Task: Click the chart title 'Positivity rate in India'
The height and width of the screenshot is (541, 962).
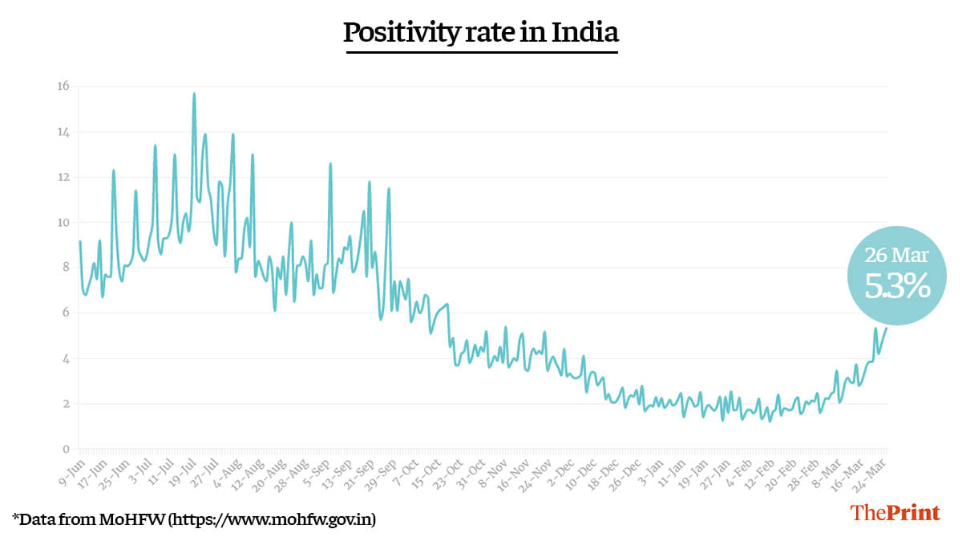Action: point(481,33)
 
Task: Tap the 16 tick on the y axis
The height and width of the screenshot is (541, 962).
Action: point(63,87)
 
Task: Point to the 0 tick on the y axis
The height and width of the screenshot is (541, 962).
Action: point(65,449)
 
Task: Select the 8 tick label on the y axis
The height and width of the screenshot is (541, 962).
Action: point(65,268)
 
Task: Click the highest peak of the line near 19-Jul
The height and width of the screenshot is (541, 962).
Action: point(194,94)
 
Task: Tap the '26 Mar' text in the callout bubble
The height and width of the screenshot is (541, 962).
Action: point(896,256)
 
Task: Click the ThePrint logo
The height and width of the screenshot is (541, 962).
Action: point(895,513)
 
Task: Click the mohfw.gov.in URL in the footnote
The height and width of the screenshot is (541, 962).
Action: point(271,519)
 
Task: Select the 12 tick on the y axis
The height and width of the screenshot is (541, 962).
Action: point(63,177)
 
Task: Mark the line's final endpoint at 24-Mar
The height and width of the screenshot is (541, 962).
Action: point(886,329)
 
